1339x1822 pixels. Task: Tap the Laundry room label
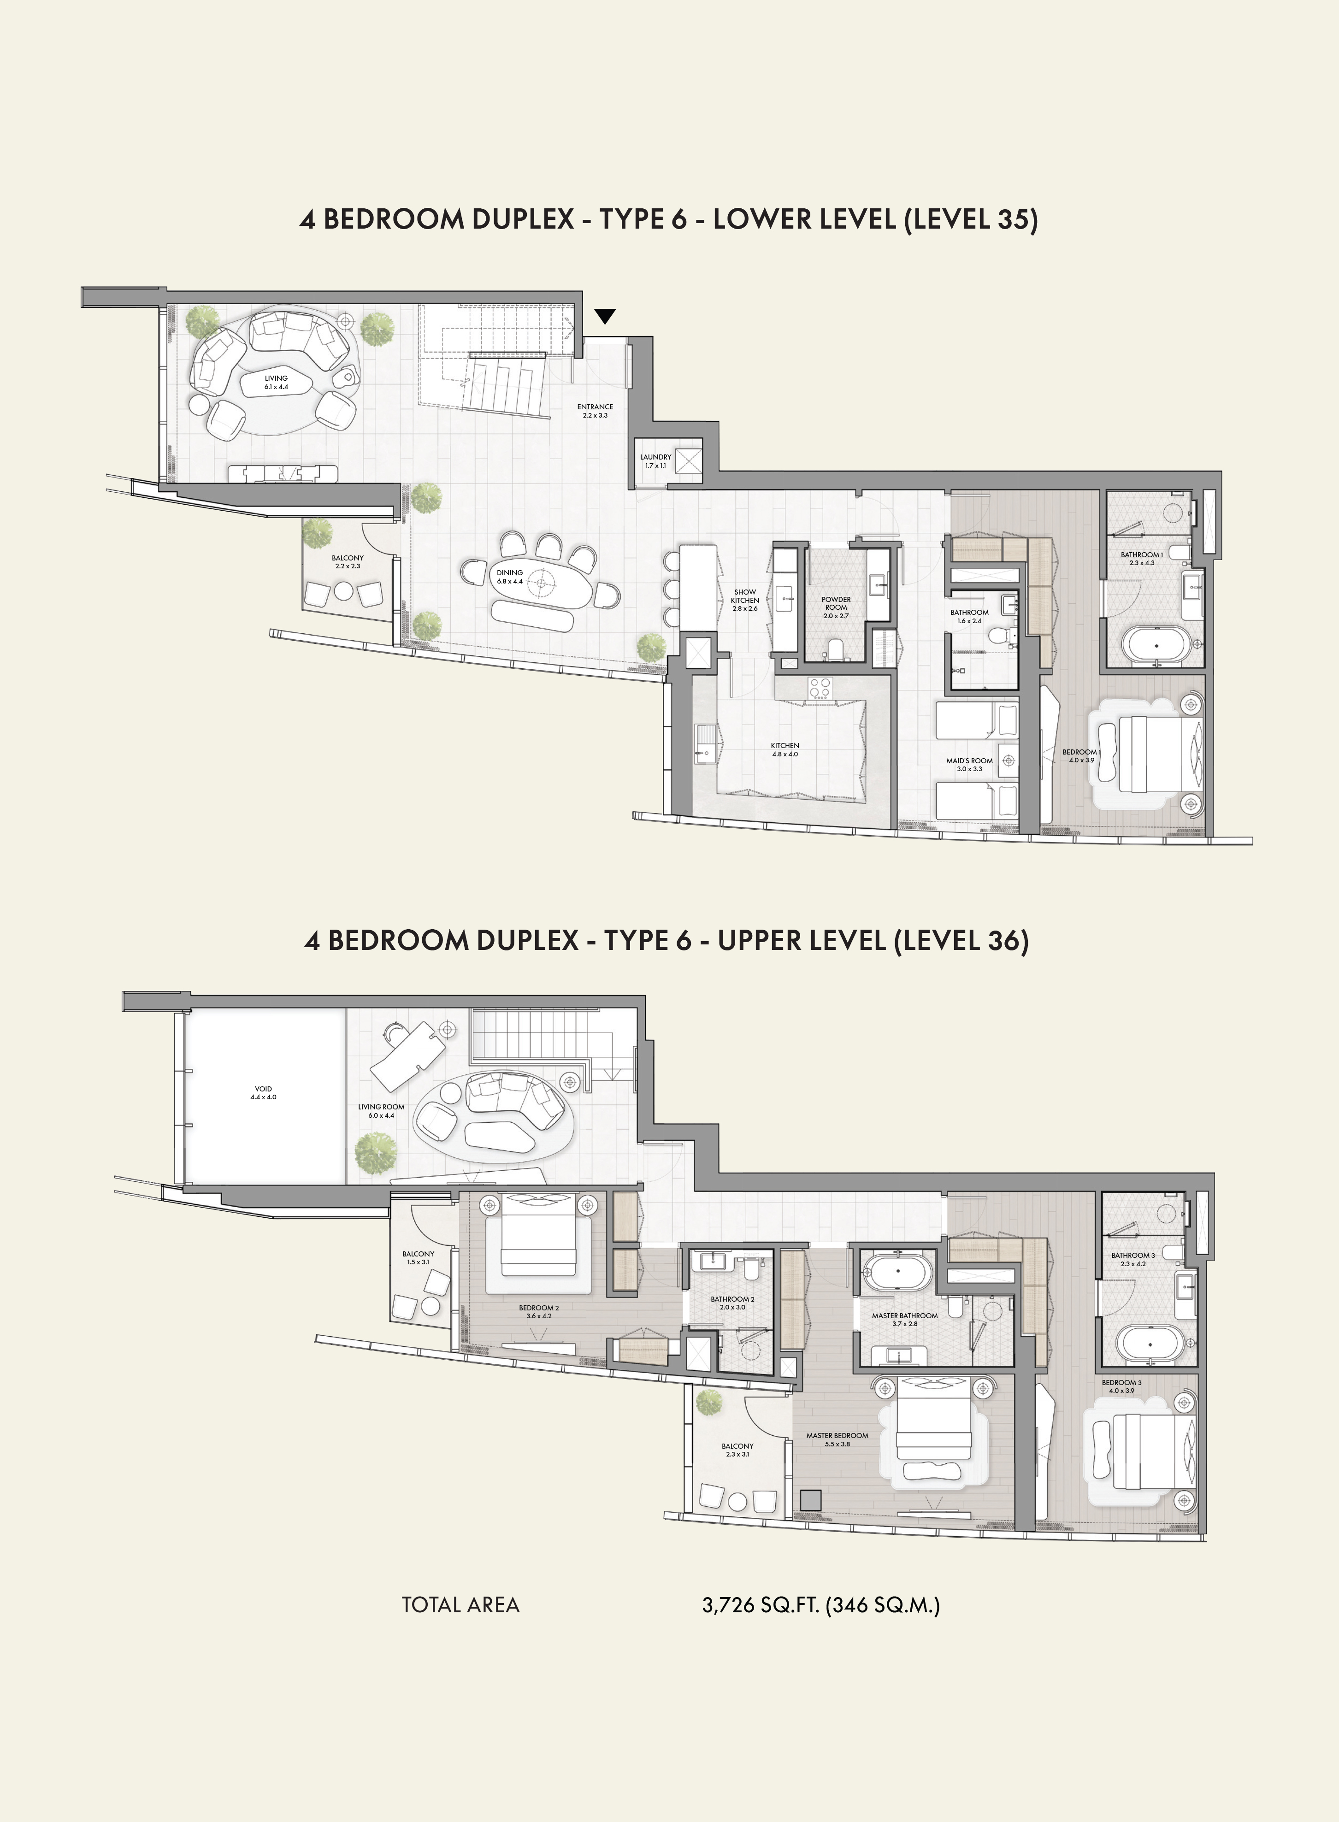(x=656, y=461)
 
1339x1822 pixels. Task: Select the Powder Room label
(x=836, y=607)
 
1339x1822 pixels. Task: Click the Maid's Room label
(x=969, y=764)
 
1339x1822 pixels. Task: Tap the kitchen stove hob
(x=820, y=686)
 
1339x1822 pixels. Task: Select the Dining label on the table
(x=510, y=576)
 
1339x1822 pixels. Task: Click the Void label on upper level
(x=264, y=1092)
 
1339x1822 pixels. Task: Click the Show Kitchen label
(x=745, y=600)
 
